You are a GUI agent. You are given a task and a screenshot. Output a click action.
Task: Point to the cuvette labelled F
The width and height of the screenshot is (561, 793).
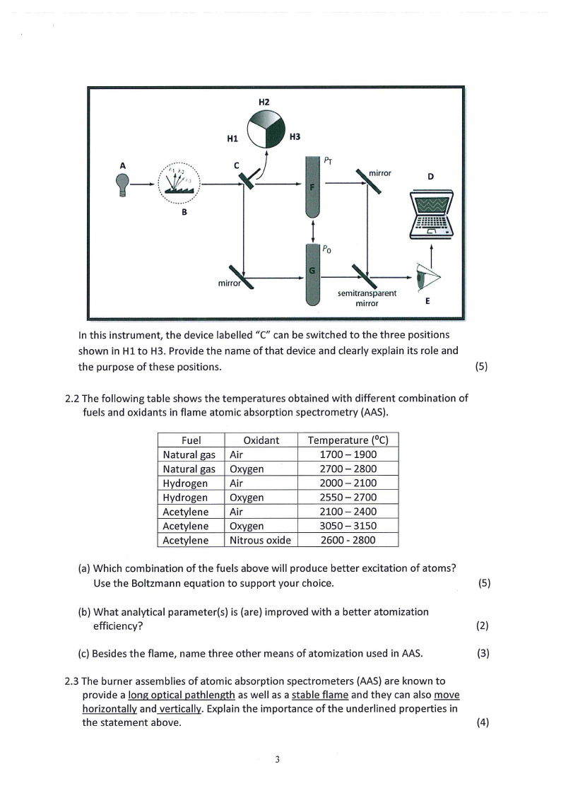point(312,187)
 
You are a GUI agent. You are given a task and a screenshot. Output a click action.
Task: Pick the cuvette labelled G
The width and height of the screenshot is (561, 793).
point(312,272)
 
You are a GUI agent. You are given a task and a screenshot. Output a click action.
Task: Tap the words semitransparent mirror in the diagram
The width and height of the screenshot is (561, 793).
point(367,298)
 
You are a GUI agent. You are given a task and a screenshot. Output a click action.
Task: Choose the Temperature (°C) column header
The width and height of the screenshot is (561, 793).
point(348,440)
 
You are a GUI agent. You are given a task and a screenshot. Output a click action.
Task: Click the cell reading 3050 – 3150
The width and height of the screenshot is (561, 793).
point(348,526)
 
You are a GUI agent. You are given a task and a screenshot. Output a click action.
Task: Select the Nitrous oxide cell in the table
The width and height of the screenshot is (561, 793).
point(261,540)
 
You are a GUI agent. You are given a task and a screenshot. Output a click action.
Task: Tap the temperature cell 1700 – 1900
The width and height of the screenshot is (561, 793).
point(348,454)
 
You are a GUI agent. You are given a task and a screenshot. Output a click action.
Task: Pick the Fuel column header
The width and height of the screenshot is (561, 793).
point(191,440)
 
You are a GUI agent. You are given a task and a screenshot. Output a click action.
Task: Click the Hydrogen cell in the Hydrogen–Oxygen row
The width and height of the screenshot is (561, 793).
point(185,498)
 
